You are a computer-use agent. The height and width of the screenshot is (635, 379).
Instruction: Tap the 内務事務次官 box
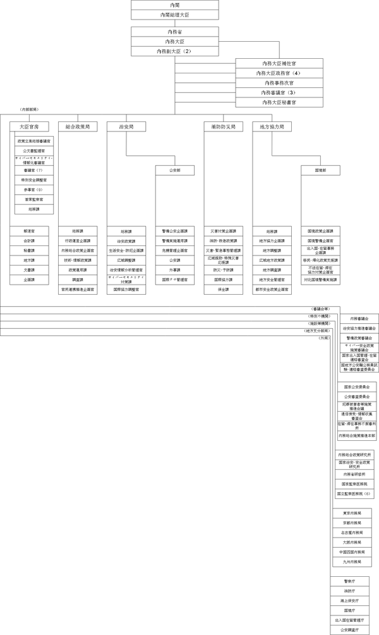pyautogui.click(x=279, y=83)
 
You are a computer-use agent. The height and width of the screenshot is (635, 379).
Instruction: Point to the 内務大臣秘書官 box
pyautogui.click(x=279, y=102)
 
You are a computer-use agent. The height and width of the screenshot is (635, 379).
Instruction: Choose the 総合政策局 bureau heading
pyautogui.click(x=78, y=126)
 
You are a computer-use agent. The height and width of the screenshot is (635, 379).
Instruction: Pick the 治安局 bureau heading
pyautogui.click(x=126, y=126)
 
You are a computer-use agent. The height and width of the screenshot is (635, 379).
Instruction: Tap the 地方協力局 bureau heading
pyautogui.click(x=272, y=126)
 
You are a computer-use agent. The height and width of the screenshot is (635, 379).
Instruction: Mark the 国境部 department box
pyautogui.click(x=320, y=170)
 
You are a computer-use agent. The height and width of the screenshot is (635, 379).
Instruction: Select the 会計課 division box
pyautogui.click(x=29, y=241)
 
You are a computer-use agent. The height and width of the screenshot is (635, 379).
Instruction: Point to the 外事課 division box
pyautogui.click(x=175, y=269)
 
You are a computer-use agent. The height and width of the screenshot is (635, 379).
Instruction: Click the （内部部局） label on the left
pyautogui.click(x=30, y=110)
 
